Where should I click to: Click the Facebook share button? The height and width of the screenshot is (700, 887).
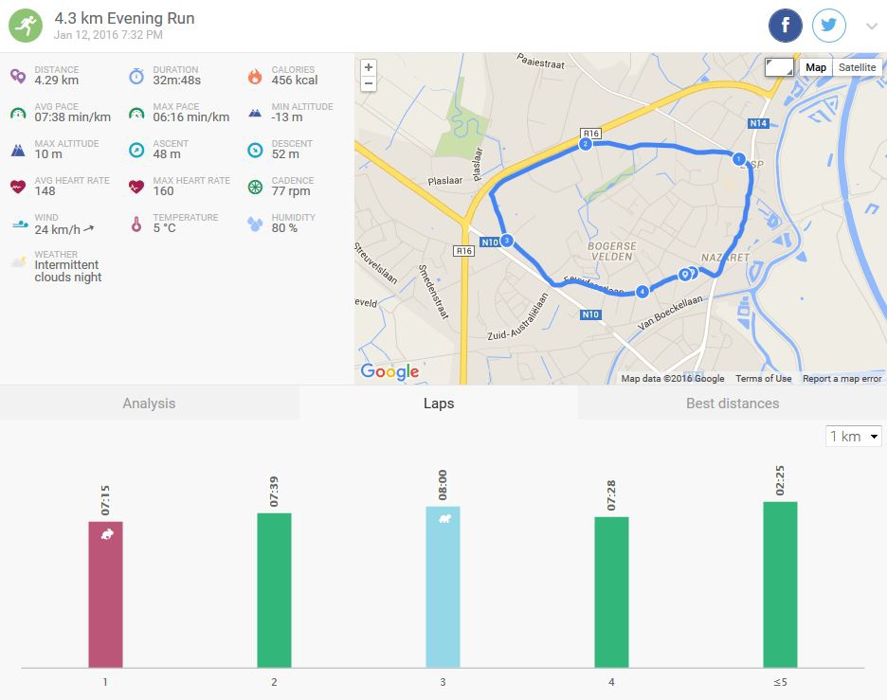pyautogui.click(x=786, y=26)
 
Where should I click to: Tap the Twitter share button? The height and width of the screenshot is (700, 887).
pyautogui.click(x=829, y=26)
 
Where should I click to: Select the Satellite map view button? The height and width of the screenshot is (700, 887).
pyautogui.click(x=857, y=67)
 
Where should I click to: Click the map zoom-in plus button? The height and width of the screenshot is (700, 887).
pyautogui.click(x=369, y=67)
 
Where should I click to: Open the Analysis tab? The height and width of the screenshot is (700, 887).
pyautogui.click(x=149, y=404)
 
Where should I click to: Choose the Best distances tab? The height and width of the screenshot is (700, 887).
pyautogui.click(x=733, y=404)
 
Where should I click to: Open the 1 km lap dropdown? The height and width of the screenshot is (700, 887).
pyautogui.click(x=854, y=437)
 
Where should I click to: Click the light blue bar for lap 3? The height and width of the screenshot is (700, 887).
pyautogui.click(x=443, y=586)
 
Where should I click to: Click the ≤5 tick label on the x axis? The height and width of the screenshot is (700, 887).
pyautogui.click(x=780, y=681)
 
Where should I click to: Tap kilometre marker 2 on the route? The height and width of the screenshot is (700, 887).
pyautogui.click(x=585, y=144)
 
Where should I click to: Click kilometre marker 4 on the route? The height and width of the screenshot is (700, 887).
pyautogui.click(x=643, y=291)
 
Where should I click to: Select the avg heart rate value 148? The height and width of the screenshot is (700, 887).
pyautogui.click(x=45, y=191)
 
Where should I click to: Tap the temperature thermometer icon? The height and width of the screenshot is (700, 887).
pyautogui.click(x=136, y=224)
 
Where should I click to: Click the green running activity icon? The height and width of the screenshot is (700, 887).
pyautogui.click(x=26, y=26)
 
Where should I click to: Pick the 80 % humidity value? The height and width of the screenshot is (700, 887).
pyautogui.click(x=284, y=228)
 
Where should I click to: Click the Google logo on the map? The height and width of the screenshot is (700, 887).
pyautogui.click(x=389, y=372)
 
